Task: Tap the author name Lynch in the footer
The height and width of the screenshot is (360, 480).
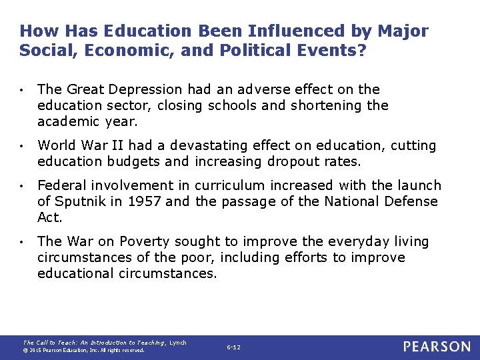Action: [x=178, y=343]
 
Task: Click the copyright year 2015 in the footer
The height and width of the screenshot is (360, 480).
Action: [x=34, y=350]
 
